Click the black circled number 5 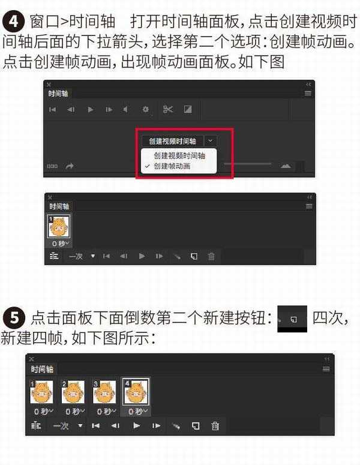tap(14, 316)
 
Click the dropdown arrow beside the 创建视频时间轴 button tap(211, 141)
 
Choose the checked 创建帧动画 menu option tap(172, 166)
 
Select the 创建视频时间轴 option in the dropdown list tap(179, 155)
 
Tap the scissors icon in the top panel tap(167, 109)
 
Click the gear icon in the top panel tap(145, 109)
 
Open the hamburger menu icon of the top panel tap(308, 94)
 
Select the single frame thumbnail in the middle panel tap(58, 227)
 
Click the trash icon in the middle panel tap(211, 256)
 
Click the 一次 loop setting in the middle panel tap(76, 256)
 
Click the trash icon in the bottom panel tap(215, 425)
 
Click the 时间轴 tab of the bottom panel tap(41, 369)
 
